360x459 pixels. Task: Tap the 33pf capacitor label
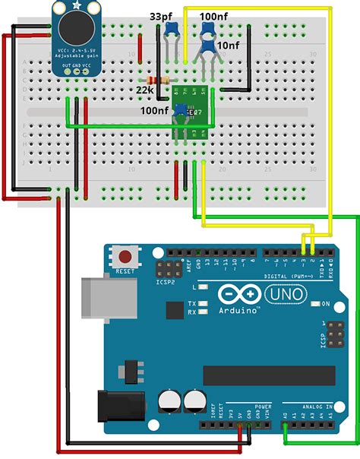tap(159, 16)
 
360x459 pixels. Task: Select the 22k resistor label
tap(145, 90)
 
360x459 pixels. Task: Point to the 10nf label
tap(228, 46)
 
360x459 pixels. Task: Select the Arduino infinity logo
tap(238, 293)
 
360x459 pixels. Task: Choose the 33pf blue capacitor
tap(171, 30)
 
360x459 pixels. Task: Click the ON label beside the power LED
tap(325, 304)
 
